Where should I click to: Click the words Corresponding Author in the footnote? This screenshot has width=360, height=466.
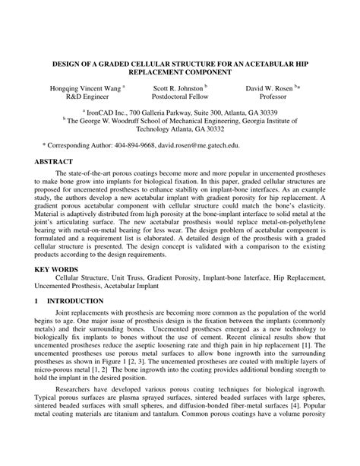click(x=79, y=143)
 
